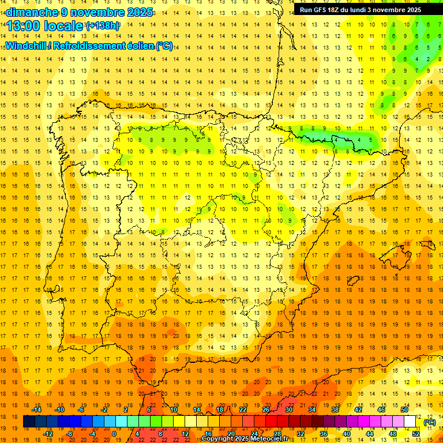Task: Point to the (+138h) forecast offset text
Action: [103, 26]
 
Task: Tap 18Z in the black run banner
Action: [336, 10]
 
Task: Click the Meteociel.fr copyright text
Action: [245, 439]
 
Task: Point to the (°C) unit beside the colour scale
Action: [429, 423]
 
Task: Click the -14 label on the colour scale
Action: [37, 410]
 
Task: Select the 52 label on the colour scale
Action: [416, 434]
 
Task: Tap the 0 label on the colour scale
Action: [114, 434]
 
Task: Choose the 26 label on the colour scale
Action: [266, 410]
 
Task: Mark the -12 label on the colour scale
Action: [48, 434]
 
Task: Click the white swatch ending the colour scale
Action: [410, 422]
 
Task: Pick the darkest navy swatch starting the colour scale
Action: [29, 422]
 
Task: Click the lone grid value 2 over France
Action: [428, 59]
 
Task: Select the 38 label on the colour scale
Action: [335, 410]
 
